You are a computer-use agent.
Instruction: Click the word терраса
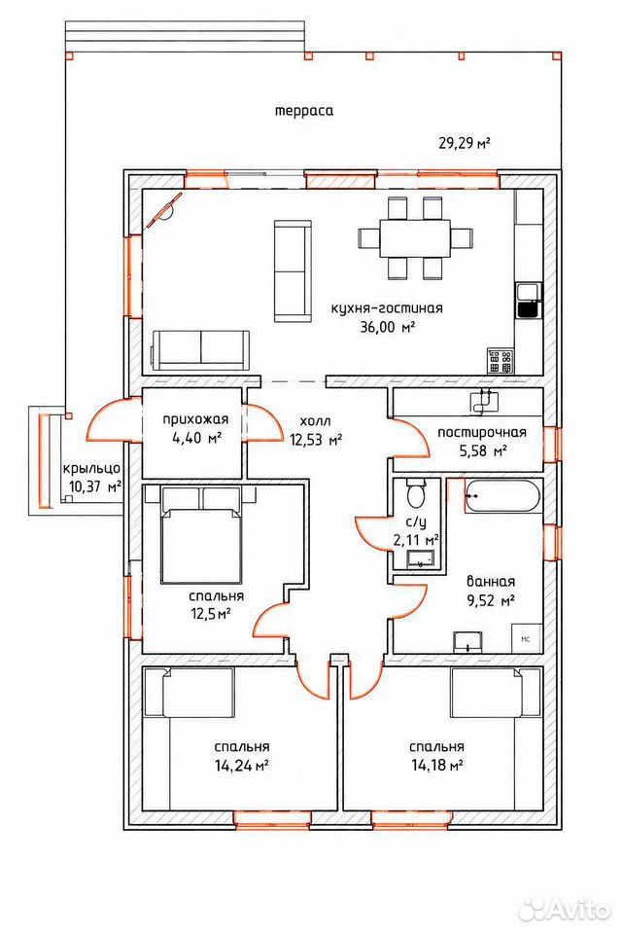tap(303, 111)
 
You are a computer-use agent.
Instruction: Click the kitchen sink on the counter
tap(529, 301)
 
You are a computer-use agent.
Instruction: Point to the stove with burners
tap(500, 360)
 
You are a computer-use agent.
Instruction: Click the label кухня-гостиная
tap(387, 308)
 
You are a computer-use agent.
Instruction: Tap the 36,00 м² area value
tap(387, 327)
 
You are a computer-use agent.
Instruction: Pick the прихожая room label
tap(195, 420)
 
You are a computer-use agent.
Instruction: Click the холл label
tap(315, 421)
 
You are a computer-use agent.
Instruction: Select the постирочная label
tap(482, 432)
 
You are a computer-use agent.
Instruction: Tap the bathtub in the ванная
tap(502, 495)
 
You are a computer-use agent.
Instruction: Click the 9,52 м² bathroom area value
tap(491, 600)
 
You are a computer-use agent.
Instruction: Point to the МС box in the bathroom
tap(527, 638)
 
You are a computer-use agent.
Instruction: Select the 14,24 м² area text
tap(241, 766)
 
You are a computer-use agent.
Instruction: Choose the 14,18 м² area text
tap(437, 766)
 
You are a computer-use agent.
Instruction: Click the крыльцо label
tap(92, 469)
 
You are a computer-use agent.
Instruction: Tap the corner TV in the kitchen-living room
tap(163, 210)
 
